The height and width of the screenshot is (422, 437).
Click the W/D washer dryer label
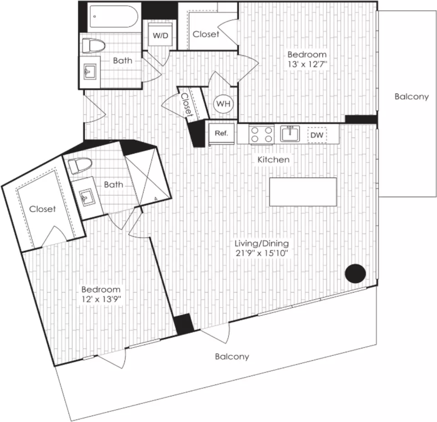click(161, 36)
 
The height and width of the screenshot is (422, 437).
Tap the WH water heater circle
click(223, 104)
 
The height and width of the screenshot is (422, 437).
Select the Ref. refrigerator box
click(222, 134)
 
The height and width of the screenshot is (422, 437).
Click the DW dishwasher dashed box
click(317, 135)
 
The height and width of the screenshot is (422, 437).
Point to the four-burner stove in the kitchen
click(261, 134)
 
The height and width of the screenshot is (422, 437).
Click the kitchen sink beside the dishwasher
click(290, 133)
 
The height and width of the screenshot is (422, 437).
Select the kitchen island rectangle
click(303, 192)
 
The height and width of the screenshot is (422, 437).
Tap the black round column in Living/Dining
click(356, 274)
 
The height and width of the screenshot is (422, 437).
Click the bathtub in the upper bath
click(113, 17)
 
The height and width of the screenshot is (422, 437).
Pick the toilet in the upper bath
click(93, 46)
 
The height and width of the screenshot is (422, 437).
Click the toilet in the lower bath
click(80, 166)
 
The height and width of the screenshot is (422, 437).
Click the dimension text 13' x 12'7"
click(307, 64)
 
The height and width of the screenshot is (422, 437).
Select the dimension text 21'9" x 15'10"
click(261, 254)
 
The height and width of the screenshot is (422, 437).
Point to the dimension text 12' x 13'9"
click(101, 300)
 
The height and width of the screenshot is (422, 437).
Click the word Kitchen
click(274, 160)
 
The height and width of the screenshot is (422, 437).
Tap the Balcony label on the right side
click(412, 97)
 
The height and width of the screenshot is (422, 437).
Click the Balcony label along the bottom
click(232, 356)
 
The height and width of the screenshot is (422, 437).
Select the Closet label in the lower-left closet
click(42, 209)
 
